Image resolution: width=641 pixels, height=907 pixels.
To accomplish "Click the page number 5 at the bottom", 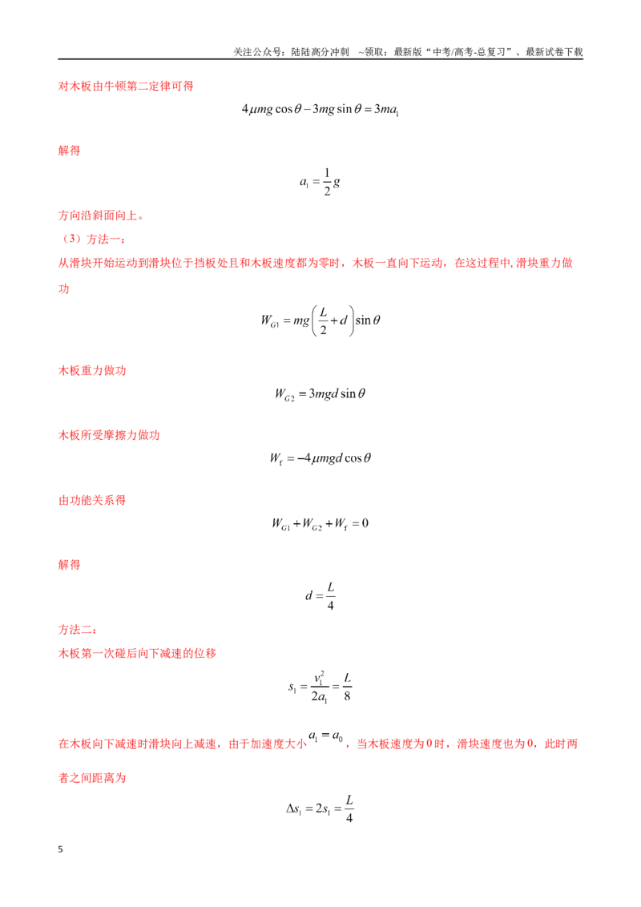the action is click(x=60, y=849).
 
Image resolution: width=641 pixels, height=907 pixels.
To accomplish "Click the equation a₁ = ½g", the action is click(x=320, y=182).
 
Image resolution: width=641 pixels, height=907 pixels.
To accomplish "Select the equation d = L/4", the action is click(x=320, y=596).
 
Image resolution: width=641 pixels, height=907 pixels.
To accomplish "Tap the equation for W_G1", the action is click(x=320, y=320).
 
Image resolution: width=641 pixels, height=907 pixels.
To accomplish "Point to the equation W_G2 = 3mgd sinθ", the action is click(x=320, y=394).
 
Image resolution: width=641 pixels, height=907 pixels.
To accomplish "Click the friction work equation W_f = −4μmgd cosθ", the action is click(x=320, y=458).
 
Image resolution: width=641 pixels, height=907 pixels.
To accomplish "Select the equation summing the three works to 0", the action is click(x=320, y=524).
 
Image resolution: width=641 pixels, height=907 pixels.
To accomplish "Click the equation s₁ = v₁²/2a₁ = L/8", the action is click(x=320, y=687).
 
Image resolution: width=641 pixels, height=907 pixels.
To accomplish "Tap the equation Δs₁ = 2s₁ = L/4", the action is click(x=320, y=808).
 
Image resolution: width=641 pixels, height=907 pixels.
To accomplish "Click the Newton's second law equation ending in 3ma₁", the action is click(x=320, y=109).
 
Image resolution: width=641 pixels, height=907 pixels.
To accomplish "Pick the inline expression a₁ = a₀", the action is click(x=325, y=736).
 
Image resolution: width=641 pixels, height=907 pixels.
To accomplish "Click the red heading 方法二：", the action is click(x=78, y=630).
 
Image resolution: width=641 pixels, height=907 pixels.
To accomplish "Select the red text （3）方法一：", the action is click(x=92, y=240).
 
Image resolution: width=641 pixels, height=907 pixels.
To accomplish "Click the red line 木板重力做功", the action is click(x=92, y=371).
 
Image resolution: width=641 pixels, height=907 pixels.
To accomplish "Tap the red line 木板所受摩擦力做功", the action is click(x=109, y=436).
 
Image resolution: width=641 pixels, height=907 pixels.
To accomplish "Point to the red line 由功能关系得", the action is click(x=92, y=500).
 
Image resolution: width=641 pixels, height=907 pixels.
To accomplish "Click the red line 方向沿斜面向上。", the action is click(x=101, y=216).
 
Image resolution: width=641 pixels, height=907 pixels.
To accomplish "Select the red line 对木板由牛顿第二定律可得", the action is click(x=126, y=87).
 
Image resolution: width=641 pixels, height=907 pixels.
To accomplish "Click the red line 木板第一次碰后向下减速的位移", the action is click(x=137, y=654).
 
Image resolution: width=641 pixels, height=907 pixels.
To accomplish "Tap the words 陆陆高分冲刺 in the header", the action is click(x=320, y=52).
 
